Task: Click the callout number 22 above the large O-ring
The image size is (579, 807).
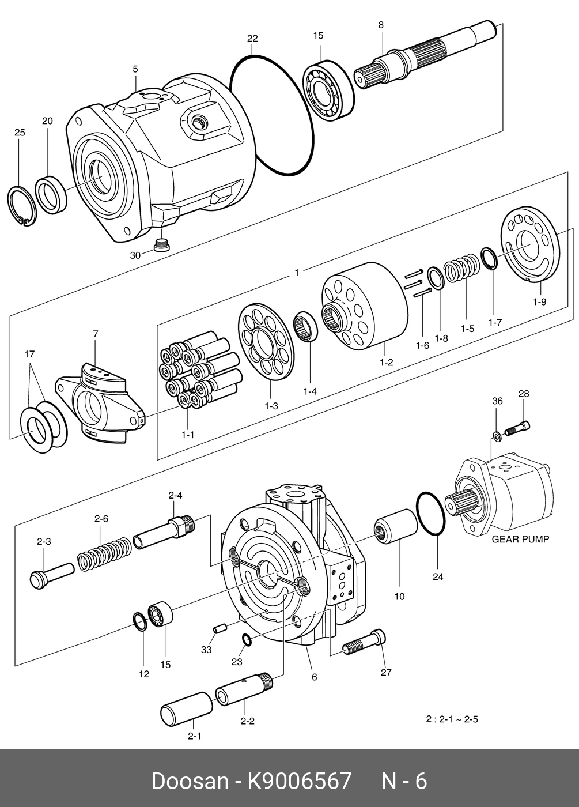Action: (252, 39)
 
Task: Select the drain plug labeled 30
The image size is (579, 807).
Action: (162, 245)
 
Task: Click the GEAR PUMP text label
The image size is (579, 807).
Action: (520, 540)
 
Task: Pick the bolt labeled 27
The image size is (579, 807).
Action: (364, 645)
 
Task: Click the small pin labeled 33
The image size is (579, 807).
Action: (220, 629)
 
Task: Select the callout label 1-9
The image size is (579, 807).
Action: (539, 302)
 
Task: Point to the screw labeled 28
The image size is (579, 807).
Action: (517, 428)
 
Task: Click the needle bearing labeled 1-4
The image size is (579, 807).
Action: (306, 326)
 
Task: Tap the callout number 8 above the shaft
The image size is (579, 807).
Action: (381, 25)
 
